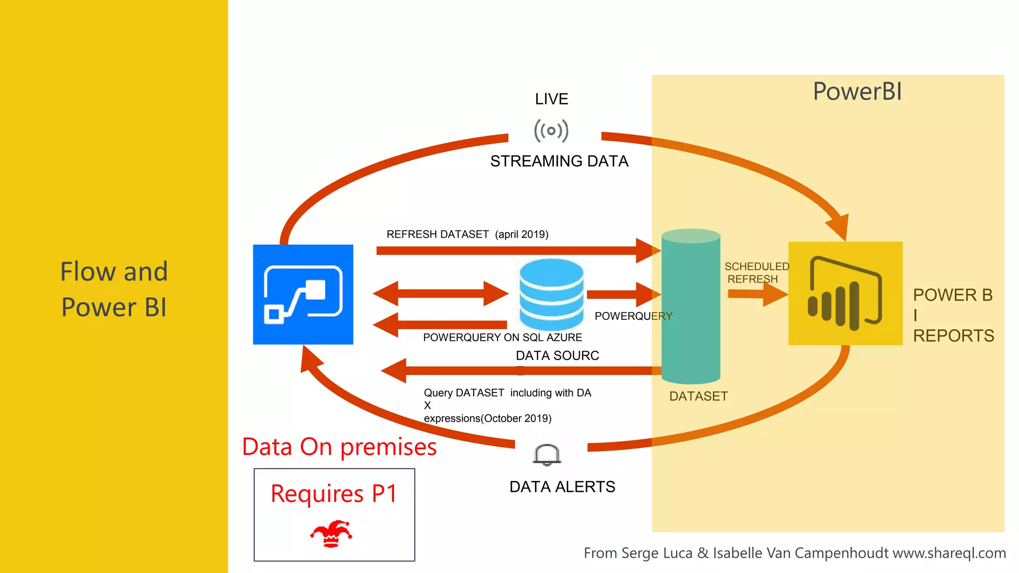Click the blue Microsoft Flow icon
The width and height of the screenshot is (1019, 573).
pos(303,294)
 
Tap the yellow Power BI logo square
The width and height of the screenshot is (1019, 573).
pos(845,293)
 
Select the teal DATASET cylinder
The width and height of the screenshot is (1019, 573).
pos(691,306)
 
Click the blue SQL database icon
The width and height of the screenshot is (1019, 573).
pos(551,293)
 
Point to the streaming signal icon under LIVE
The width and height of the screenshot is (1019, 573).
pos(551,131)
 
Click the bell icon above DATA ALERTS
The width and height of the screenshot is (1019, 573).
pos(547,455)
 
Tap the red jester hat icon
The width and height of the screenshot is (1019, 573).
pos(331,534)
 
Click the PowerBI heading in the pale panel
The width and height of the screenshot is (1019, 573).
pos(857,92)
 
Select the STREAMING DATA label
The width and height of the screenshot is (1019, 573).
pos(559,161)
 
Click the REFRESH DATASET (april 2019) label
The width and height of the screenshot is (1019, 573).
pos(467,234)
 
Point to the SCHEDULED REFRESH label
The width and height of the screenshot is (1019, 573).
pos(756,273)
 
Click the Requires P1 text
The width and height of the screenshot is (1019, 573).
pos(334,493)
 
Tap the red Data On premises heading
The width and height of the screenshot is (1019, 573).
pos(339,447)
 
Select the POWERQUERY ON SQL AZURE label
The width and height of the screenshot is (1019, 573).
pos(502,337)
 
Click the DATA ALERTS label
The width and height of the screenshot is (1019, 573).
pos(562,486)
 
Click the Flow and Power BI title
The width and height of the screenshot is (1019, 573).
pos(114,289)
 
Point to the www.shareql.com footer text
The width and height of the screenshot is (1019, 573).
pos(949,553)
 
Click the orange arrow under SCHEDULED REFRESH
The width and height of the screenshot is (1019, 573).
pos(757,294)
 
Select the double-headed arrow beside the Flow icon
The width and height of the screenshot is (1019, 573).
pos(440,293)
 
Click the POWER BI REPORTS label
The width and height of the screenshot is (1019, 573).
pos(952,315)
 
